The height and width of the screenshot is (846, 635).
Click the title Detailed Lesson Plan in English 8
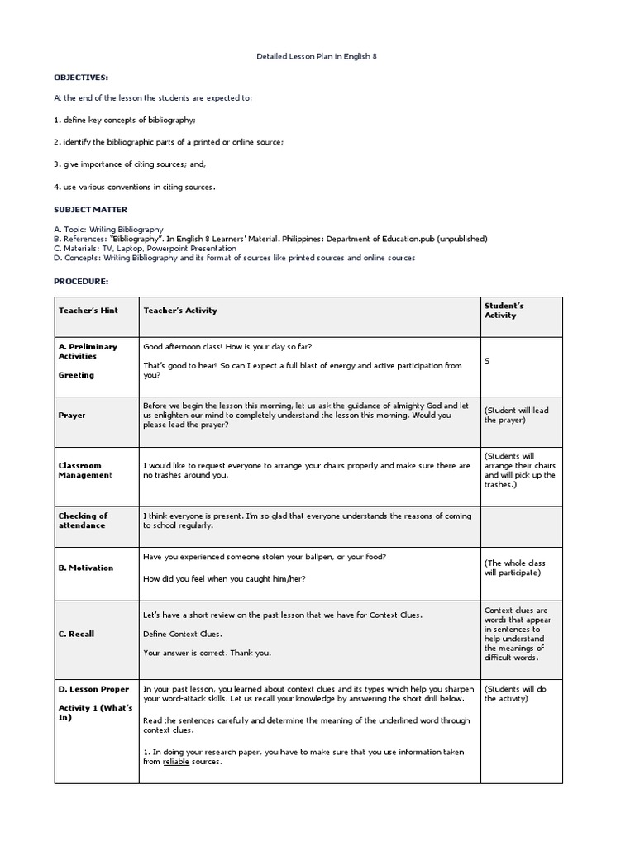click(318, 56)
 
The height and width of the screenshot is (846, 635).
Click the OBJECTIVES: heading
click(81, 77)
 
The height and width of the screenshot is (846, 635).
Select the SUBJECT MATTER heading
click(91, 210)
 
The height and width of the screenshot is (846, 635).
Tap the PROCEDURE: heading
click(82, 281)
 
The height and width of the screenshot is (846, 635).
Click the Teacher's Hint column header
click(88, 311)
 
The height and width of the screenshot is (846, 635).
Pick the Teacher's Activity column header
click(180, 311)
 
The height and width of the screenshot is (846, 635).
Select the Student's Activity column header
click(505, 311)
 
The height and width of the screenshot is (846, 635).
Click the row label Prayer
click(72, 416)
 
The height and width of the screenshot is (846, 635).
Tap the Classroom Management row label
click(84, 470)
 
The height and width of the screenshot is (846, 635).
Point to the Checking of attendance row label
click(83, 520)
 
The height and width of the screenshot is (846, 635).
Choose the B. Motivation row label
click(86, 568)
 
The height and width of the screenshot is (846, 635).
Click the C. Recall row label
click(76, 634)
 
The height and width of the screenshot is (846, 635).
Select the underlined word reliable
click(177, 762)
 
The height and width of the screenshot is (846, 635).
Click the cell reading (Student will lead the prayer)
click(516, 415)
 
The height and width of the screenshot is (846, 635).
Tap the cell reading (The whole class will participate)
click(515, 568)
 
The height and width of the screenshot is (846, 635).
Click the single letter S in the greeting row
click(487, 361)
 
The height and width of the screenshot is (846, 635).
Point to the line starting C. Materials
click(145, 248)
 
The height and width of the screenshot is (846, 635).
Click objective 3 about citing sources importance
click(136, 164)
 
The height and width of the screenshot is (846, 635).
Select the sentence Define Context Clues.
click(182, 634)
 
